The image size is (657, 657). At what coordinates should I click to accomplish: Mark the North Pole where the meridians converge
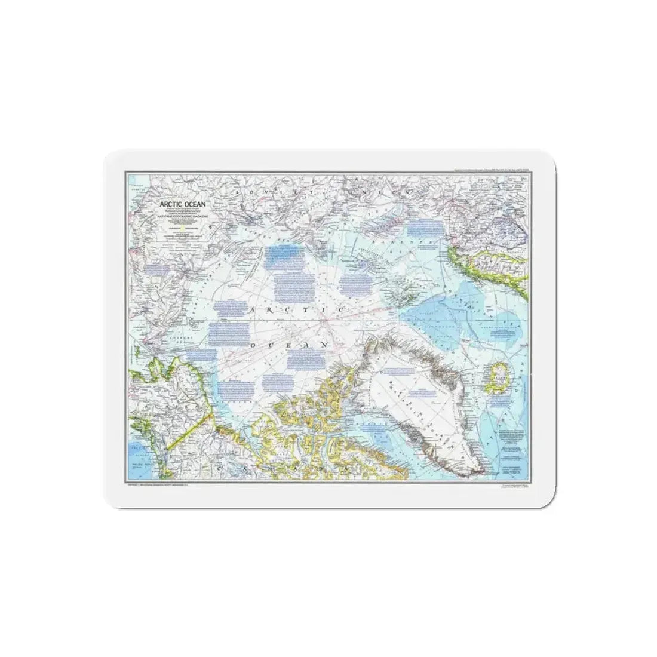tap(326, 323)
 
